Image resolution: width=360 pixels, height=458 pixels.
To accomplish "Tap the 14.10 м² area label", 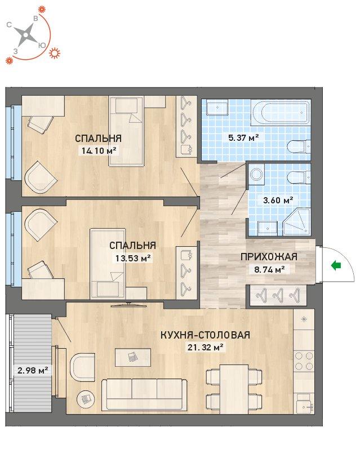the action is tap(97, 151).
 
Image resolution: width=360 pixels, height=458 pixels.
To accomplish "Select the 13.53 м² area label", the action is tap(132, 258).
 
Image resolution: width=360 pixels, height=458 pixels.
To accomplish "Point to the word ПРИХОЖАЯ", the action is tap(269, 257).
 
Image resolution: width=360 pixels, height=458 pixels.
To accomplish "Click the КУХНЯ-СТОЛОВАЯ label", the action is tap(206, 335).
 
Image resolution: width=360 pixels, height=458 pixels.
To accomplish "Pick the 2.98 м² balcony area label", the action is tap(33, 371).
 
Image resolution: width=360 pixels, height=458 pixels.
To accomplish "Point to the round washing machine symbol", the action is tap(257, 175).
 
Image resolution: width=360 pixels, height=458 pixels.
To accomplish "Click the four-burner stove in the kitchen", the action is tap(304, 361).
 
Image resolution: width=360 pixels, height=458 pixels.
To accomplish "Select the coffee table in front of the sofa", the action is tap(133, 357).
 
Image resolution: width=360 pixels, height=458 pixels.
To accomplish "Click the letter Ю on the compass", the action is tap(42, 45).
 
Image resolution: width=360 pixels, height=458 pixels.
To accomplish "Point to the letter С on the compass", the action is tap(10, 25).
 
